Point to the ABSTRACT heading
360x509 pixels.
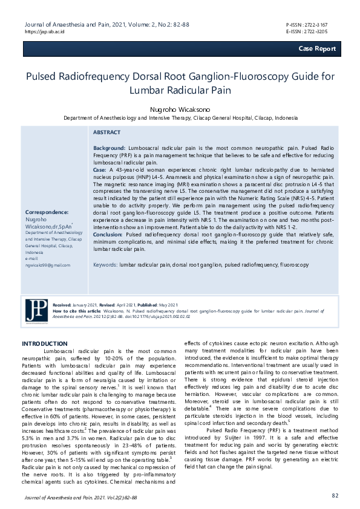(106, 132)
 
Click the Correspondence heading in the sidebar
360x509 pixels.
(47, 212)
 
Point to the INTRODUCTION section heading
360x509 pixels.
(44, 343)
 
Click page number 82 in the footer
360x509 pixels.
(335, 496)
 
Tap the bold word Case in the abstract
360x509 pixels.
(99, 170)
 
